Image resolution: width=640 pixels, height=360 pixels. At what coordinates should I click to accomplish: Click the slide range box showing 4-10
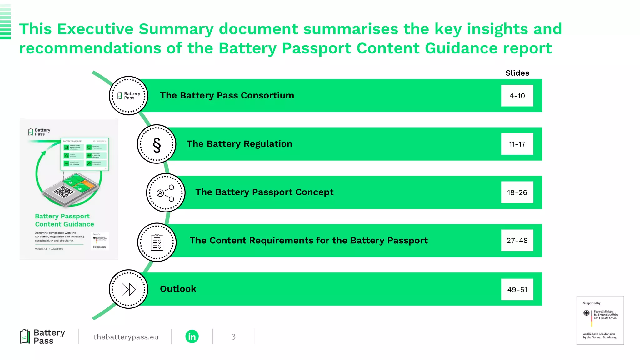pyautogui.click(x=517, y=96)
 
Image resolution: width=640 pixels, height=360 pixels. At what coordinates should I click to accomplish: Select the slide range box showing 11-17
pyautogui.click(x=517, y=144)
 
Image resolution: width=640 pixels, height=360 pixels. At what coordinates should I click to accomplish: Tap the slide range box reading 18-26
pyautogui.click(x=517, y=192)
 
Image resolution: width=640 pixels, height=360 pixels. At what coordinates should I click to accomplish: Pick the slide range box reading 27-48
pyautogui.click(x=517, y=241)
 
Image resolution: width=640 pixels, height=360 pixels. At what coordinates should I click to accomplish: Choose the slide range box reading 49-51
pyautogui.click(x=517, y=290)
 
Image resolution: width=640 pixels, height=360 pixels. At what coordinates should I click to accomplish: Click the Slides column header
pyautogui.click(x=517, y=73)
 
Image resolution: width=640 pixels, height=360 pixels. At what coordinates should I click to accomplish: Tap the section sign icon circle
pyautogui.click(x=157, y=144)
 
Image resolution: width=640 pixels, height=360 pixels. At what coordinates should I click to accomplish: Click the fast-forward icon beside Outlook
pyautogui.click(x=129, y=289)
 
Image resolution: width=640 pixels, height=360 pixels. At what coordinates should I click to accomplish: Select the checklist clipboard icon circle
pyautogui.click(x=157, y=242)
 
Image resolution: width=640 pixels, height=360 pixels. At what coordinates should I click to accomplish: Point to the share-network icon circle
pyautogui.click(x=166, y=193)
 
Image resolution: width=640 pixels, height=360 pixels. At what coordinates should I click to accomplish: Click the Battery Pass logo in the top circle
pyautogui.click(x=128, y=96)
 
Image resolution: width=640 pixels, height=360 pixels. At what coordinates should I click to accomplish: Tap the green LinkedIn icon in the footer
pyautogui.click(x=192, y=337)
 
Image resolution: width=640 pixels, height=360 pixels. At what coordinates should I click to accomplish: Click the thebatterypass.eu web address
pyautogui.click(x=126, y=337)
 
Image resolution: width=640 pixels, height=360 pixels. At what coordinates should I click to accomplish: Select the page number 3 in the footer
pyautogui.click(x=233, y=337)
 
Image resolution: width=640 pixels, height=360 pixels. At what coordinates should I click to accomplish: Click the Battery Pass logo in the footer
pyautogui.click(x=42, y=337)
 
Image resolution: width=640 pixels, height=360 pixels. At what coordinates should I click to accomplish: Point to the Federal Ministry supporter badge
pyautogui.click(x=600, y=320)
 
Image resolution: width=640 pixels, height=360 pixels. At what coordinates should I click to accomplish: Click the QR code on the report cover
pyautogui.click(x=64, y=192)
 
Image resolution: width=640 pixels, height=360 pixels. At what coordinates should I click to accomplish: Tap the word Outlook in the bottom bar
pyautogui.click(x=178, y=289)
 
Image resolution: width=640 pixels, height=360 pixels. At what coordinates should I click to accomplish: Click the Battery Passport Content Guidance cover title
pyautogui.click(x=64, y=220)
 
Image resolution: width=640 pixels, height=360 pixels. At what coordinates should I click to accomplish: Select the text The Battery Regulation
pyautogui.click(x=239, y=144)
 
